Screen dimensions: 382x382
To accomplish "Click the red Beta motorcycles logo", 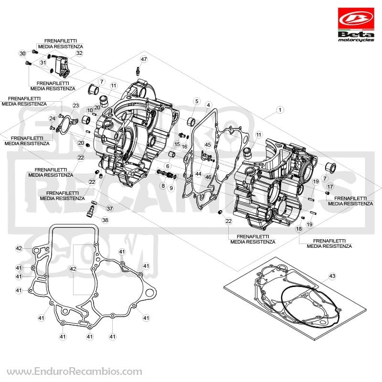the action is click(356, 24).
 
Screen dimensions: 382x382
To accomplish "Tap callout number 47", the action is click(144, 59).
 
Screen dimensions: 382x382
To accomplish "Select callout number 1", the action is click(280, 110).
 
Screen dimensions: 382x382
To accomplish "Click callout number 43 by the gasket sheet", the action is click(332, 276).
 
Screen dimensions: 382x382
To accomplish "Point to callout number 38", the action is click(105, 220).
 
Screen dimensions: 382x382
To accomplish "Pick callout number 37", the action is click(110, 209).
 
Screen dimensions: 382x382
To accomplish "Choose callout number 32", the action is click(79, 53).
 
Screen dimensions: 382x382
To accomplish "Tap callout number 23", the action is click(76, 106).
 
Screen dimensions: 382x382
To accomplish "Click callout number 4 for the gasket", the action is click(208, 105).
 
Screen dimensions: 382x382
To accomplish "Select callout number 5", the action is click(197, 101).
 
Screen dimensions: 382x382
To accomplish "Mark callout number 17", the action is click(330, 187).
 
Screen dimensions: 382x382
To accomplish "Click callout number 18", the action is click(299, 229).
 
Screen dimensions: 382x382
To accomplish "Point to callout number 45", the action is click(208, 145).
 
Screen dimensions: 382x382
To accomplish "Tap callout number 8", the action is click(163, 186).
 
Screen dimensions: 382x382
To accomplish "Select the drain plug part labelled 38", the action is click(90, 211).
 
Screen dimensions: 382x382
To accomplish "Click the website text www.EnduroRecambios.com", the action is click(74, 371).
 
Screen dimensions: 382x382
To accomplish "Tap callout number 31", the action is click(43, 63).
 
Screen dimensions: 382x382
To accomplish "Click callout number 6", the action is click(168, 166).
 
